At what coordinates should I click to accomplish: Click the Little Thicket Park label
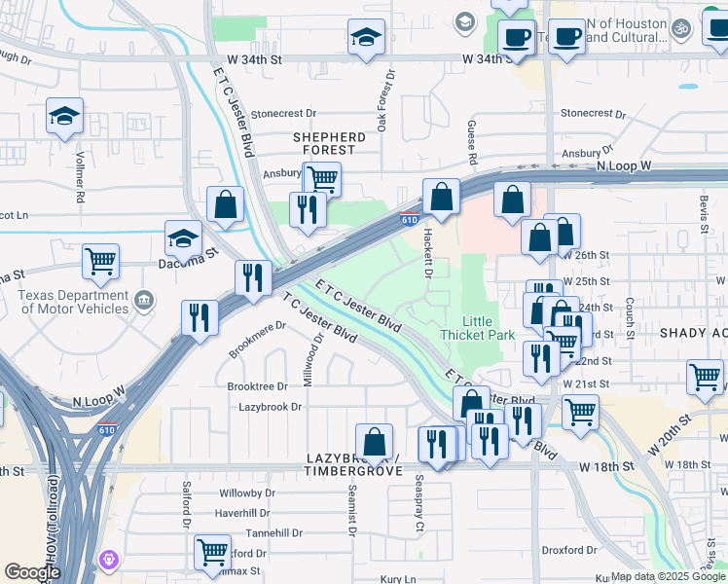tap(477, 328)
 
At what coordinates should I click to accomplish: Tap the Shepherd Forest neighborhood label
tap(330, 143)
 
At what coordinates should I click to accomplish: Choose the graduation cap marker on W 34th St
tap(366, 38)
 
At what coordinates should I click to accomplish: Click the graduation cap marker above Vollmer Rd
tap(64, 116)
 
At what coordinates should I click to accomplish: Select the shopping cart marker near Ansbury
tap(322, 179)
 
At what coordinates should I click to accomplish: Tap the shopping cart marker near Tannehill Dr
tap(212, 552)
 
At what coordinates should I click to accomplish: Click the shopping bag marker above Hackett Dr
tap(441, 197)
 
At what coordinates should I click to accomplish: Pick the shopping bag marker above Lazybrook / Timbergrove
tap(374, 442)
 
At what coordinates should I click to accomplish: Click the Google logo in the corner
tap(32, 572)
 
